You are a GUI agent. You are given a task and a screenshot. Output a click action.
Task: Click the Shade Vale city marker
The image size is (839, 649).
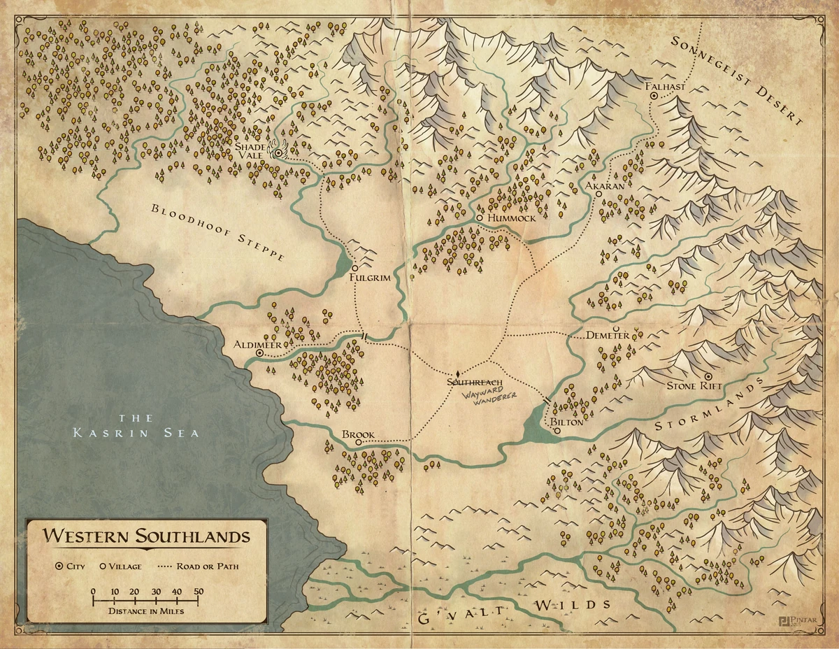278,152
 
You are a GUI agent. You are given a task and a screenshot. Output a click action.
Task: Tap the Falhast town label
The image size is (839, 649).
667,87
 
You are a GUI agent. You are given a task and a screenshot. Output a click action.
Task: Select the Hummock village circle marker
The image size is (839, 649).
479,218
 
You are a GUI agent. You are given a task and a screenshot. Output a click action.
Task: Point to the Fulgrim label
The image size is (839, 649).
369,278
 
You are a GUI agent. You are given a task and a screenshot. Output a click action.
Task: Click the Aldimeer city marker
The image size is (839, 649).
260,354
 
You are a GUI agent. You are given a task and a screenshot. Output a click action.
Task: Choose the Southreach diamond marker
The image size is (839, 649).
457,374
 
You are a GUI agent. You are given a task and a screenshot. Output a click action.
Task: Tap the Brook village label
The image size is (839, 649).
358,434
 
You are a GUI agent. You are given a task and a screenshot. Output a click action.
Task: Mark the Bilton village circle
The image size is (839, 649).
557,432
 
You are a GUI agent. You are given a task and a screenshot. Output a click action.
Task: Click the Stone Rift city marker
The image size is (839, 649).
708,376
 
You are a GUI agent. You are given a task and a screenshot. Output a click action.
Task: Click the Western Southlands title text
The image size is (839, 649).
147,537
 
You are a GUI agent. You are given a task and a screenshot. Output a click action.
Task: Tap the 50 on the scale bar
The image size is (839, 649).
199,591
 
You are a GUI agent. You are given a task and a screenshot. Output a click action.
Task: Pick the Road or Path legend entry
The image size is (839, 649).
208,566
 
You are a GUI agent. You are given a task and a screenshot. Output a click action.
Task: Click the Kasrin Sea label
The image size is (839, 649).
136,426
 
